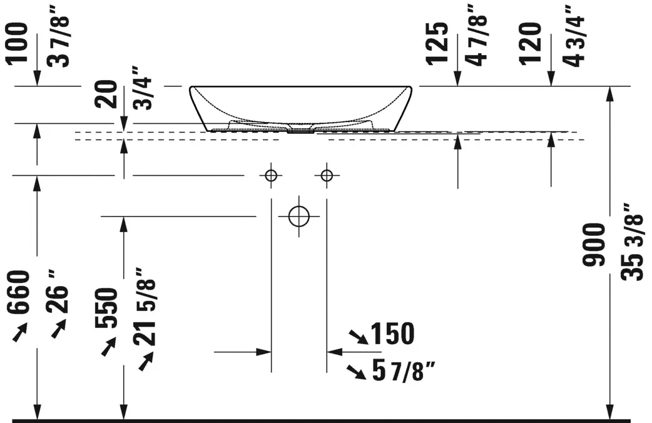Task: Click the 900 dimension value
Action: (594, 245)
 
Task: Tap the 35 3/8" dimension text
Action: (633, 242)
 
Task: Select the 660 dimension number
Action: (19, 292)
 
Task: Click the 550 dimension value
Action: (106, 308)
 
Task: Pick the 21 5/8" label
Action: (145, 307)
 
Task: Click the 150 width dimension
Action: (392, 333)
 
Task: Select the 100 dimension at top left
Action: (18, 44)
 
